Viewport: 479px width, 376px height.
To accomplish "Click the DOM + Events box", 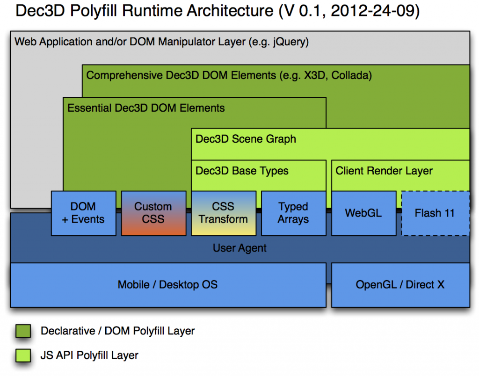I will click(84, 213).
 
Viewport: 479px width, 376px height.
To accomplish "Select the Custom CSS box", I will click(153, 213).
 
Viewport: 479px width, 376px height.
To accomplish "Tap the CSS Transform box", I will click(224, 213).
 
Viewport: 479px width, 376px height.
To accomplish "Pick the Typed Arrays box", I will click(293, 213).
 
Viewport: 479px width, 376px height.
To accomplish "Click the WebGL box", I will click(363, 213).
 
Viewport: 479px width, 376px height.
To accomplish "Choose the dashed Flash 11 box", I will click(435, 213).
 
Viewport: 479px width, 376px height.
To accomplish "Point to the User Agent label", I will click(239, 248).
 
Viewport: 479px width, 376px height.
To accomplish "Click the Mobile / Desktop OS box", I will click(168, 285).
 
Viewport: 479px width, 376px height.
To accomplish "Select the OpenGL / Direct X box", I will click(400, 285).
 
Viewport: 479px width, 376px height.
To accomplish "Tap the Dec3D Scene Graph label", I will click(246, 139).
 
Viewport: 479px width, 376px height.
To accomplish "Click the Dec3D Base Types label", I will click(242, 171).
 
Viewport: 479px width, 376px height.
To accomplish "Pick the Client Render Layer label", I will click(384, 171).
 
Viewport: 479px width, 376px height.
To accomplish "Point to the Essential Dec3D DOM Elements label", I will click(146, 108).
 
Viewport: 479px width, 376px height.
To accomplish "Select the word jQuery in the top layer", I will click(290, 42).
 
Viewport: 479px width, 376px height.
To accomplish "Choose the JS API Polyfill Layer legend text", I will click(89, 355).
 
